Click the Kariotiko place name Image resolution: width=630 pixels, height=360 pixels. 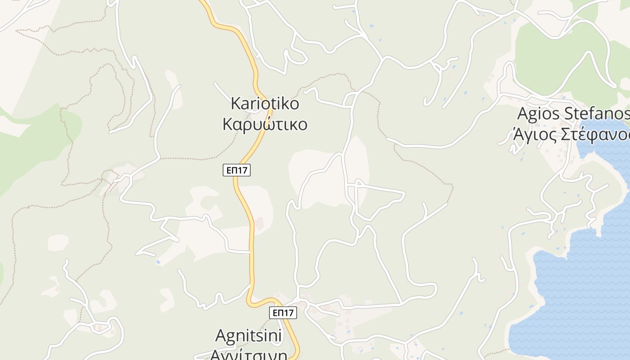click(265, 103)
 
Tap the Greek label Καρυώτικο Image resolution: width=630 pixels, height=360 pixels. click(265, 124)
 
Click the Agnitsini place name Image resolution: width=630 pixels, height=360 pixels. click(248, 336)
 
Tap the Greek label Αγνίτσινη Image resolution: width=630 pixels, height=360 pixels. click(248, 354)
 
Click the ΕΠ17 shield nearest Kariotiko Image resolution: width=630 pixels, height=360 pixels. click(237, 170)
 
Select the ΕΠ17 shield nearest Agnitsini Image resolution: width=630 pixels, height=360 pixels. click(283, 313)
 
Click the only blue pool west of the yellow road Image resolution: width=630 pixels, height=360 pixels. click(158, 262)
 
